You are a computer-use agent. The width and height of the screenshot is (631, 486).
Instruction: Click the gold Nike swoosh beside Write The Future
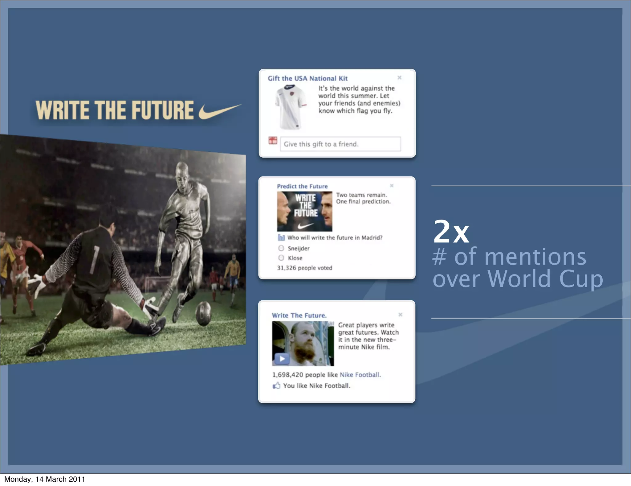pyautogui.click(x=219, y=111)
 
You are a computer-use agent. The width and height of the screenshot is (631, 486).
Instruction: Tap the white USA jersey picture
pyautogui.click(x=290, y=107)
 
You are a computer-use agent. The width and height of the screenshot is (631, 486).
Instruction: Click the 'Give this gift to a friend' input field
pyautogui.click(x=340, y=144)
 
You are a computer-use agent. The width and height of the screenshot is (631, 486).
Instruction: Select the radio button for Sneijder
pyautogui.click(x=281, y=248)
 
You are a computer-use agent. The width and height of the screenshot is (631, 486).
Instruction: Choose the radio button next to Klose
pyautogui.click(x=281, y=258)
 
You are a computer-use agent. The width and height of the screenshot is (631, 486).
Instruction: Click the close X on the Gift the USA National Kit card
pyautogui.click(x=399, y=78)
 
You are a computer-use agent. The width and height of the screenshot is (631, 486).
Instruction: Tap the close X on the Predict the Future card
pyautogui.click(x=392, y=186)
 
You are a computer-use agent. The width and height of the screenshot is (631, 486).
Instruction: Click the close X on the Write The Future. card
pyautogui.click(x=400, y=315)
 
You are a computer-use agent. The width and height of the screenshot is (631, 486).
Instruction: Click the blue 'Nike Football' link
pyautogui.click(x=360, y=375)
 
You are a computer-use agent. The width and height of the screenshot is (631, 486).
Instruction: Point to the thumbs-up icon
pyautogui.click(x=276, y=385)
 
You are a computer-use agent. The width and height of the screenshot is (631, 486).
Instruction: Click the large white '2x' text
pyautogui.click(x=451, y=232)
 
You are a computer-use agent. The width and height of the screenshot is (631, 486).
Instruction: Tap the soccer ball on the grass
pyautogui.click(x=203, y=313)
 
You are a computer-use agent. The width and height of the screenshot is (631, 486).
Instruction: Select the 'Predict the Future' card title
pyautogui.click(x=302, y=186)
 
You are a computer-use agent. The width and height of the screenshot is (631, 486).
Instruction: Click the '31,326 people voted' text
pyautogui.click(x=304, y=268)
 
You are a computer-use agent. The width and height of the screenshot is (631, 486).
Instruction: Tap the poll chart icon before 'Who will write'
pyautogui.click(x=281, y=237)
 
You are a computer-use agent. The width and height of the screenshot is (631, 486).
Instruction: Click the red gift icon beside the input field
pyautogui.click(x=273, y=141)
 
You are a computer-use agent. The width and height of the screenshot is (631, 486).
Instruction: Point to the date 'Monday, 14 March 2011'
pyautogui.click(x=45, y=479)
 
